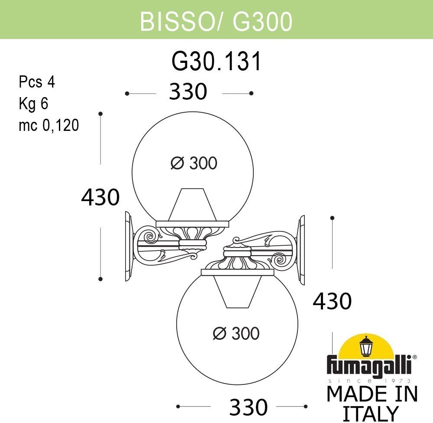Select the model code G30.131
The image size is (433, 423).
click(216, 62)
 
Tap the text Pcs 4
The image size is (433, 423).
click(37, 82)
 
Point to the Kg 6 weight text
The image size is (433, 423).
click(33, 104)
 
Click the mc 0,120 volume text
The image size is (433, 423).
click(48, 125)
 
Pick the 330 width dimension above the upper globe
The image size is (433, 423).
click(188, 92)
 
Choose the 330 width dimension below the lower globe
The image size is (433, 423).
click(249, 407)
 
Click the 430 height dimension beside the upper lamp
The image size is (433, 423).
click(100, 197)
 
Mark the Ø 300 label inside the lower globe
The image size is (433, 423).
click(236, 333)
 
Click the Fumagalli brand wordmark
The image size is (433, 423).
click(372, 364)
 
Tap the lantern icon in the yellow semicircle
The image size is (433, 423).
click(366, 346)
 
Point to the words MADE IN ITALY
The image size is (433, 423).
click(372, 403)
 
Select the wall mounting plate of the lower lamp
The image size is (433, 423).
click(301, 251)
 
